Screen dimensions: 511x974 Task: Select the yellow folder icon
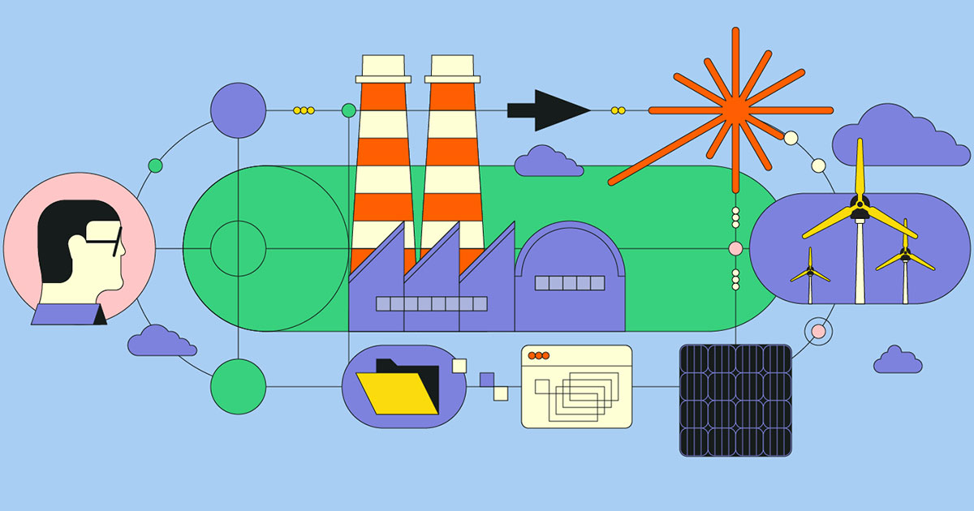click(399, 393)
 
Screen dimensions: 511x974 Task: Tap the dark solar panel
click(735, 399)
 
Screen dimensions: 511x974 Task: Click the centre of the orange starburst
click(735, 109)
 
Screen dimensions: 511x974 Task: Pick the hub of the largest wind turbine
click(859, 205)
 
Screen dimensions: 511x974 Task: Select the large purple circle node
click(238, 109)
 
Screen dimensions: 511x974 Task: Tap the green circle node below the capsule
click(238, 386)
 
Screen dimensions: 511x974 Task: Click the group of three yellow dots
click(304, 109)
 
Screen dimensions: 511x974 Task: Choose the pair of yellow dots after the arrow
click(618, 109)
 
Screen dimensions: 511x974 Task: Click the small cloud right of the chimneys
click(548, 162)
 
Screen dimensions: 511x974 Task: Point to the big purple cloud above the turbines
click(901, 135)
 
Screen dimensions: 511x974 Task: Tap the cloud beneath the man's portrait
click(162, 341)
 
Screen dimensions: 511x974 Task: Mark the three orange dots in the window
click(537, 356)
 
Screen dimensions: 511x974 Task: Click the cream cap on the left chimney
click(383, 67)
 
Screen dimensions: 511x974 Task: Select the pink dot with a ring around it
click(818, 331)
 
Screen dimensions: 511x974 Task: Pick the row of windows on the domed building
click(569, 283)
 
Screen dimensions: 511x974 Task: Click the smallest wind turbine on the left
click(809, 271)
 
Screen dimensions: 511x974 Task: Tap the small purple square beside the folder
click(487, 380)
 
